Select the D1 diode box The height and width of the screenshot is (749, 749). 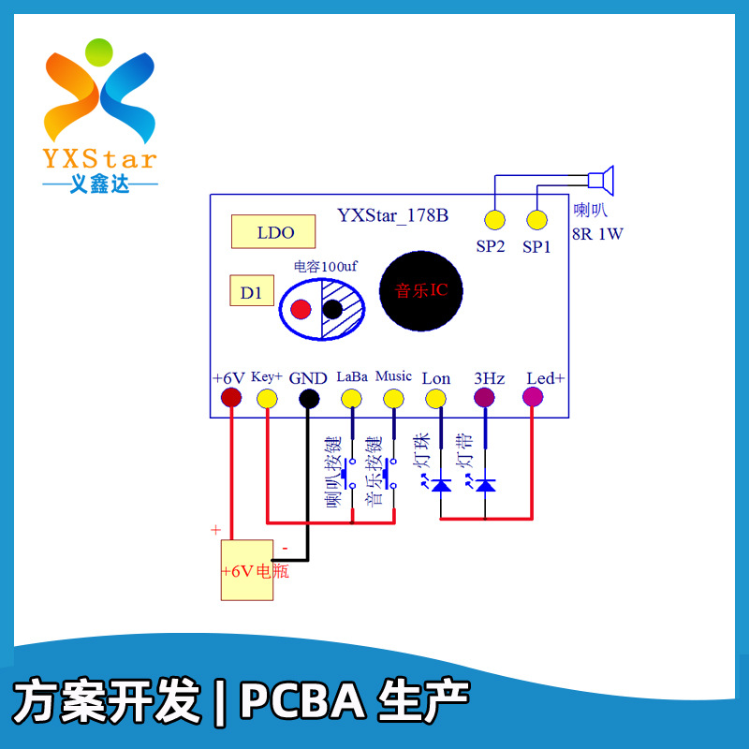[251, 292]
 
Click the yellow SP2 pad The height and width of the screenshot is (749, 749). [493, 221]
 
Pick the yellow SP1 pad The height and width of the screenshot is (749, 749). [536, 221]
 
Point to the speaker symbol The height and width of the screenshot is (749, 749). [600, 179]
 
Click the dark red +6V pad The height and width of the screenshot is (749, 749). [230, 398]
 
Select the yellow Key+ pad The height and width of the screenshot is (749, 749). [267, 398]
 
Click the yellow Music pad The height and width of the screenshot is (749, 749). [393, 398]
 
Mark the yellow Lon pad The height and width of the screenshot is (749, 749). [435, 398]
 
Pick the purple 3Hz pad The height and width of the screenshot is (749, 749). [485, 398]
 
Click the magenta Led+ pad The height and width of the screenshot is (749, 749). [533, 398]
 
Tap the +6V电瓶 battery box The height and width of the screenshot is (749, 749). [247, 570]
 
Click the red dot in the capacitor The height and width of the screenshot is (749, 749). [301, 309]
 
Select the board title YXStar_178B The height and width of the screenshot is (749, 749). [392, 216]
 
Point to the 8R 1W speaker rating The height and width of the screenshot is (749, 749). [597, 234]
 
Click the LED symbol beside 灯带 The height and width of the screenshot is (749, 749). [485, 485]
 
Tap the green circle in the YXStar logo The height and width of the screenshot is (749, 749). [98, 51]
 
